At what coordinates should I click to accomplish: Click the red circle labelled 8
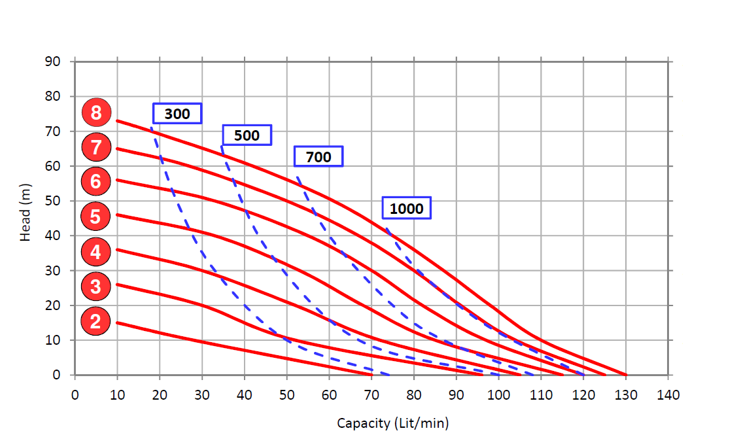pos(96,113)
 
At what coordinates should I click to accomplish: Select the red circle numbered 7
pos(96,147)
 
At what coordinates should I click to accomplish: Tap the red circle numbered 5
pos(95,216)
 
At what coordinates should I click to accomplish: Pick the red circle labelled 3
pos(95,286)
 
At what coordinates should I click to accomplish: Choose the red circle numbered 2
pos(95,321)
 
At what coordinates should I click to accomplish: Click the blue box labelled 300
pos(177,114)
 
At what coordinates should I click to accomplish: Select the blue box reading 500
pos(247,135)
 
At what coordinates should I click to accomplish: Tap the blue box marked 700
pos(318,157)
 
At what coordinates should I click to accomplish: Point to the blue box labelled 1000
pos(407,209)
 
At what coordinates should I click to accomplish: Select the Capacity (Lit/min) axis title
pos(393,423)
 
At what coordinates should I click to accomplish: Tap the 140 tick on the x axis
pos(668,395)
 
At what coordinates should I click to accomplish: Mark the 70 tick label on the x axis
pos(371,395)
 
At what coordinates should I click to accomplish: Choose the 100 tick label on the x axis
pos(498,395)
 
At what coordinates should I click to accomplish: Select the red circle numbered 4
pos(95,251)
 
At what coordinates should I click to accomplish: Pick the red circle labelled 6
pos(95,181)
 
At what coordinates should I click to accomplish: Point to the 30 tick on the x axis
pos(202,395)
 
